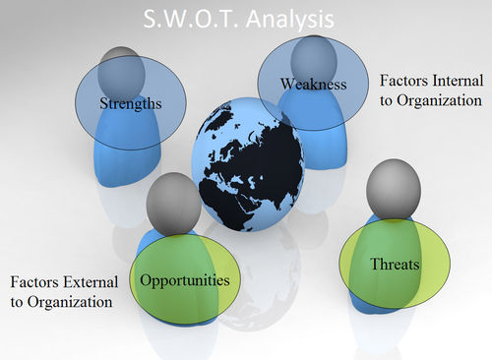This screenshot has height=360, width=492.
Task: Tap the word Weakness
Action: coord(313,85)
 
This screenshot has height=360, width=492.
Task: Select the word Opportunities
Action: coord(185,280)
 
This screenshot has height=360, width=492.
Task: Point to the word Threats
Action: coord(396,265)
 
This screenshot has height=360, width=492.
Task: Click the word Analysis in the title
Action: coord(288,18)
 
